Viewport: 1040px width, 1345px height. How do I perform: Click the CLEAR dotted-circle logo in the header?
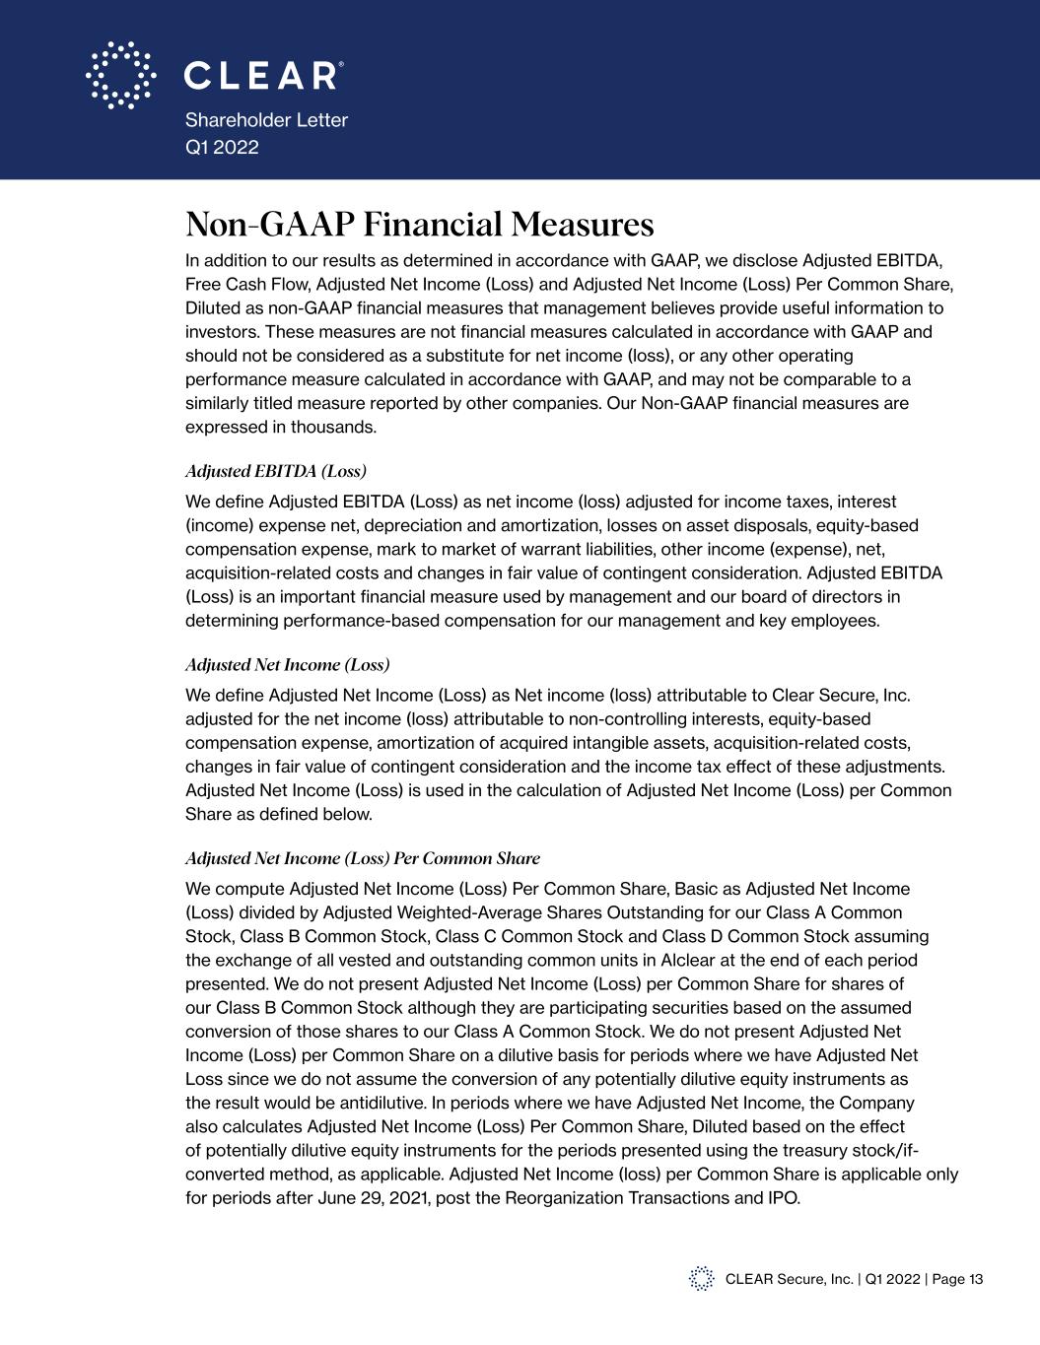(x=120, y=75)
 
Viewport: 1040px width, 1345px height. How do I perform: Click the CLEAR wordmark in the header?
(x=264, y=76)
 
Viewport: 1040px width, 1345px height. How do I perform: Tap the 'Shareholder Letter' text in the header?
(x=266, y=120)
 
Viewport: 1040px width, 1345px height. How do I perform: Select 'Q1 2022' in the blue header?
(x=222, y=147)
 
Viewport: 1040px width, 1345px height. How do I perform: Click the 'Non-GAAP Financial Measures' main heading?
(x=419, y=225)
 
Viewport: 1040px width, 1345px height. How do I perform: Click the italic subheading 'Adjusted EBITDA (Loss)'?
(x=276, y=471)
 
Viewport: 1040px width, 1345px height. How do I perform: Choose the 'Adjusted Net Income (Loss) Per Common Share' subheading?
(x=363, y=857)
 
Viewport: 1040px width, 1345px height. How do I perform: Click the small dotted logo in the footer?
(x=701, y=1278)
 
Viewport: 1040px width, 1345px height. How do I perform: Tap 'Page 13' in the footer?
(x=957, y=1279)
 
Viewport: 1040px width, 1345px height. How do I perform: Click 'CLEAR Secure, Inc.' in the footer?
(x=789, y=1279)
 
